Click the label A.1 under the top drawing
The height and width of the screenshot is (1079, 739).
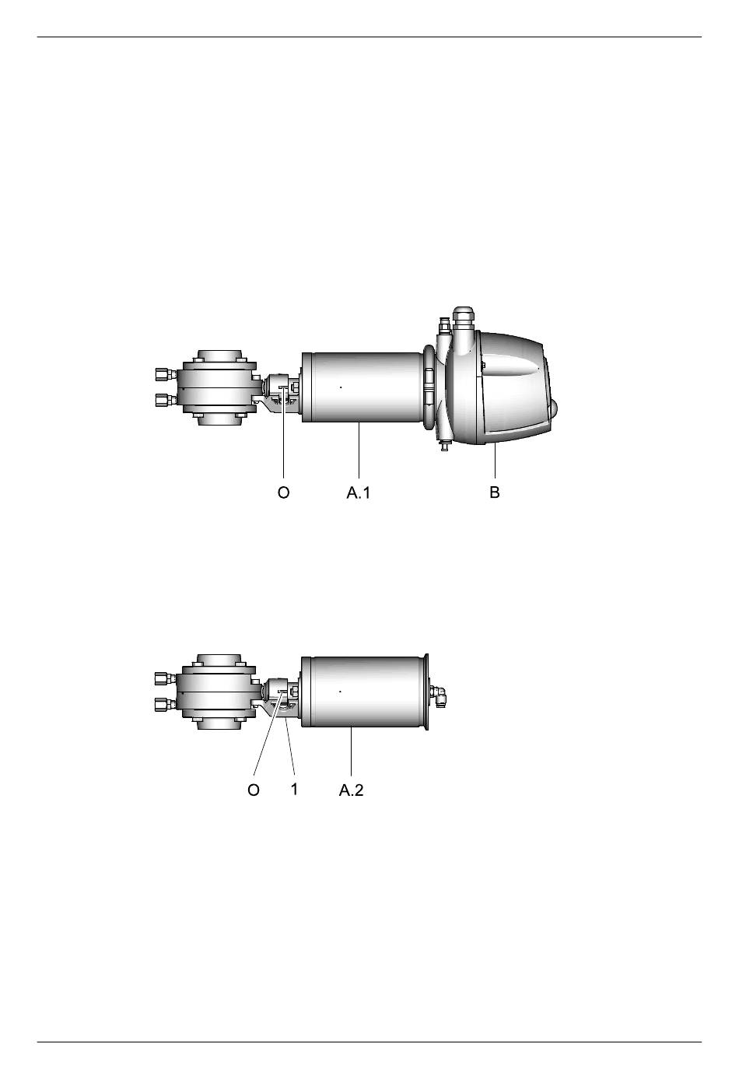pos(359,492)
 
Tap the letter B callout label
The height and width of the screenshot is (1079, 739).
pos(494,492)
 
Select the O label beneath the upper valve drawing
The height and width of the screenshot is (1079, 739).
pos(283,492)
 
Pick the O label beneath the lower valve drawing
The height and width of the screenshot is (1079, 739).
pos(254,790)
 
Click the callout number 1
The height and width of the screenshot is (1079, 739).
pos(294,789)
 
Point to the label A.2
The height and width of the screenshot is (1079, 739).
pos(351,790)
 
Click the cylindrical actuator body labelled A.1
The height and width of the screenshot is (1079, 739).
pos(362,387)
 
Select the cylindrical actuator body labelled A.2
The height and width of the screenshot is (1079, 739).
pos(363,692)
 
